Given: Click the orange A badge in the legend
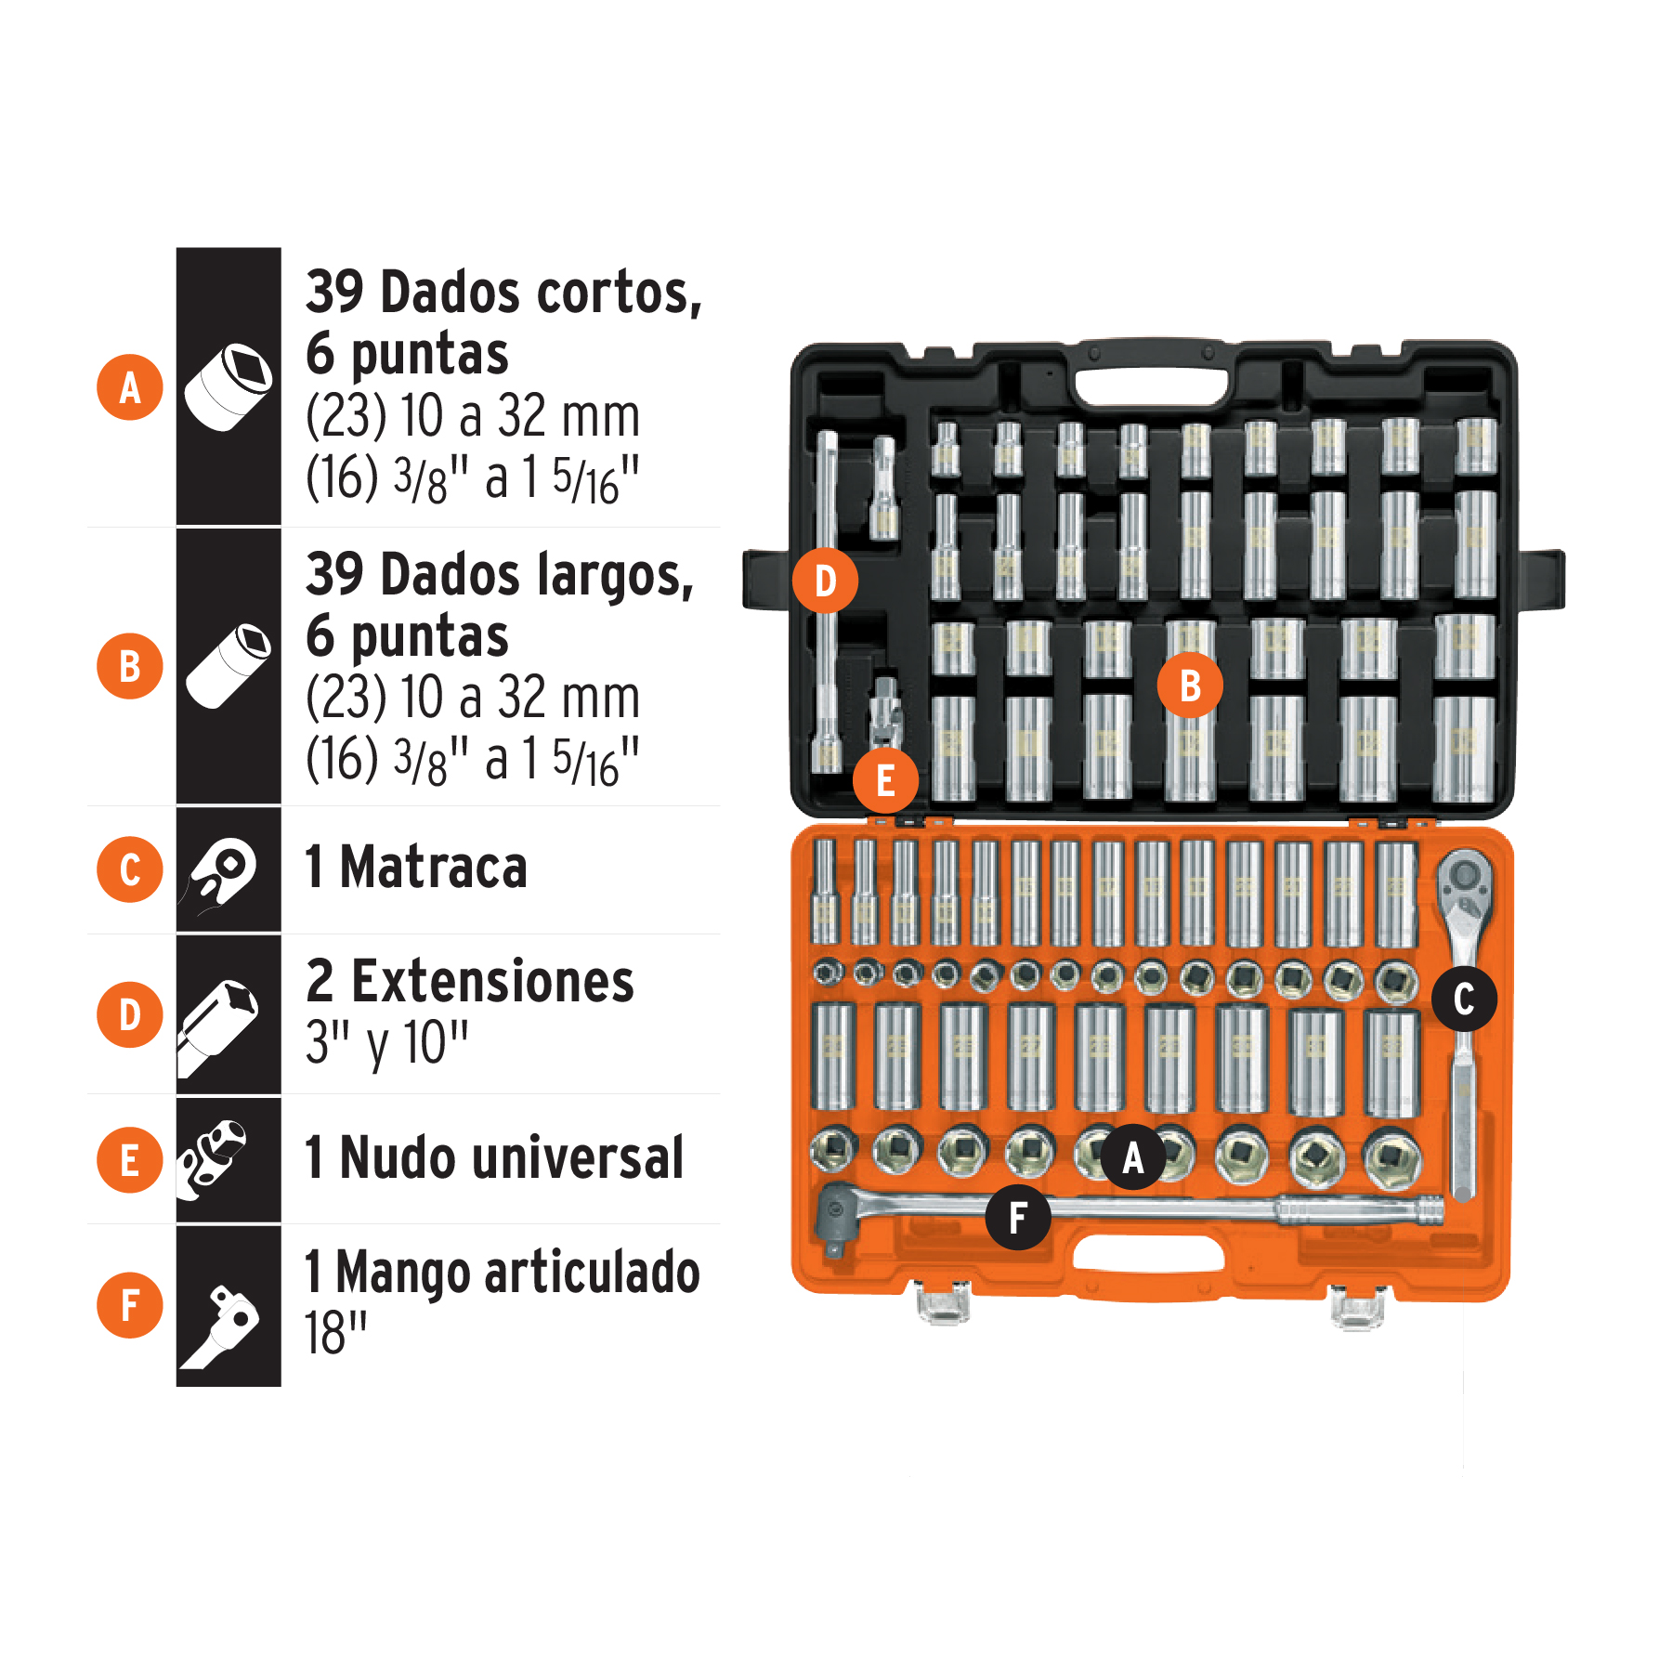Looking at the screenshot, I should point(130,387).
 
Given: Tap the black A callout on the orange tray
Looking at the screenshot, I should point(1132,1156).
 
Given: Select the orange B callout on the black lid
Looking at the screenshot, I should point(1189,686).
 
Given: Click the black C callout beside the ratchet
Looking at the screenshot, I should point(1463,999).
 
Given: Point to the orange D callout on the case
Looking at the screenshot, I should point(825,581).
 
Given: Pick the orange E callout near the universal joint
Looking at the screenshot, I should point(885,780).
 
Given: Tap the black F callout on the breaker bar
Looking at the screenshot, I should point(1018,1217).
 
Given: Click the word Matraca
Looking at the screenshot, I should point(433,868).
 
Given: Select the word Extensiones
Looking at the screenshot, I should point(492,982).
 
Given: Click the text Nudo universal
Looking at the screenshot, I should point(494,1158).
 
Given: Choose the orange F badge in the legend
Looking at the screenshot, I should point(130,1305).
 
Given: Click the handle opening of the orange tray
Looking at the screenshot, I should point(1148,1255).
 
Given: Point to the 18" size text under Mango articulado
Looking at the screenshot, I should point(335,1334).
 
